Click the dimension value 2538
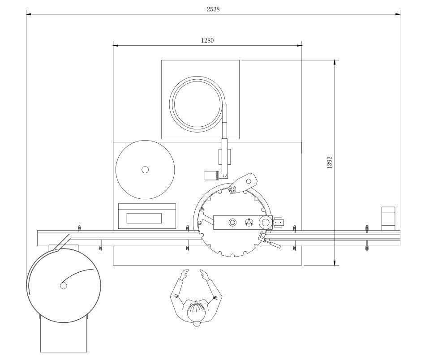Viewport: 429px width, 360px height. coord(213,9)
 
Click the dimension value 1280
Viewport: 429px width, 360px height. coord(207,40)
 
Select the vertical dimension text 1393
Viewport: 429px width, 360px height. coord(330,162)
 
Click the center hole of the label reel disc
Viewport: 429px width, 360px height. coord(145,170)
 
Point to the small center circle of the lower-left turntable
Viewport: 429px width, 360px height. coord(64,285)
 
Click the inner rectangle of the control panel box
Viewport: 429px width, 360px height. coord(144,219)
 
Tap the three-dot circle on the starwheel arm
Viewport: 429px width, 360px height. coord(249,223)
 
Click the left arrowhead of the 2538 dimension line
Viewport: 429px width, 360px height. coord(28,14)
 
